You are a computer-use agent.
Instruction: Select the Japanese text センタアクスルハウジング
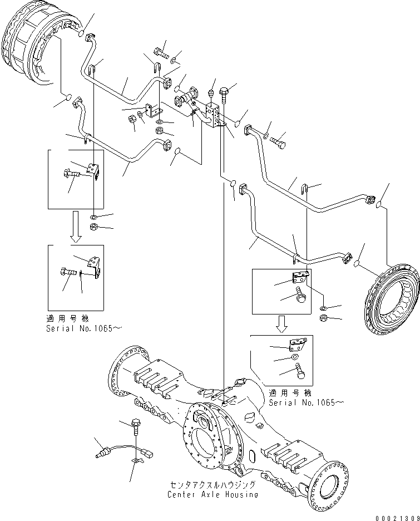214,485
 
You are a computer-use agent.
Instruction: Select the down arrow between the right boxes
283,323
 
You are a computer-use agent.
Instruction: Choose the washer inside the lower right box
293,358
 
